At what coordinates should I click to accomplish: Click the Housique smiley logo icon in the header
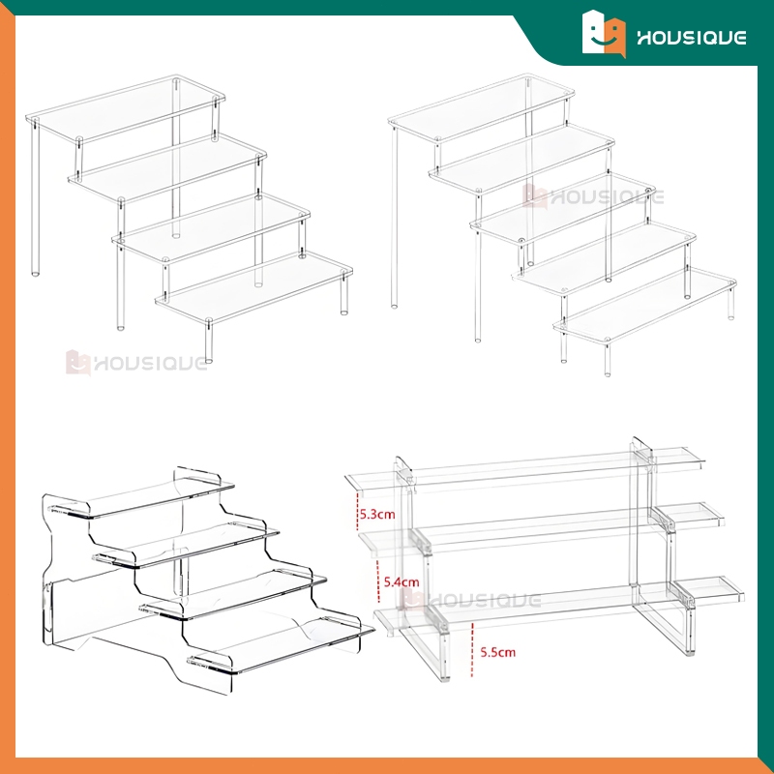pyautogui.click(x=604, y=34)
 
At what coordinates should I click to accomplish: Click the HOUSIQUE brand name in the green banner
pyautogui.click(x=691, y=38)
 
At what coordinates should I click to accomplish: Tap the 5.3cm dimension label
pyautogui.click(x=377, y=515)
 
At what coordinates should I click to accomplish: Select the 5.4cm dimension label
pyautogui.click(x=402, y=582)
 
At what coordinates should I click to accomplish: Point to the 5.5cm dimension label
pyautogui.click(x=497, y=652)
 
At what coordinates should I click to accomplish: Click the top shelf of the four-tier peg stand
pyautogui.click(x=126, y=109)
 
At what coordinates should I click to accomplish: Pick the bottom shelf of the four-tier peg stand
pyautogui.click(x=253, y=287)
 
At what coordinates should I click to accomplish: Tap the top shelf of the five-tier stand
pyautogui.click(x=481, y=108)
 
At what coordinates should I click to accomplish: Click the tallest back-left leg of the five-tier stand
pyautogui.click(x=394, y=217)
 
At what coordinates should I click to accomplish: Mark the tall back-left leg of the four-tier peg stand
pyautogui.click(x=35, y=197)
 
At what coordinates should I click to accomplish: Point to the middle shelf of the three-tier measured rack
pyautogui.click(x=542, y=529)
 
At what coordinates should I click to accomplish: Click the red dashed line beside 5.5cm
pyautogui.click(x=472, y=649)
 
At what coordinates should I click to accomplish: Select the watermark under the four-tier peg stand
pyautogui.click(x=136, y=363)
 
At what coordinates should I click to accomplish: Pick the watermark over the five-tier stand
pyautogui.click(x=593, y=197)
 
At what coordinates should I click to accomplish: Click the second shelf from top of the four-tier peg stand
pyautogui.click(x=167, y=168)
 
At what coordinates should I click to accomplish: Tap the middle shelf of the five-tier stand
pyautogui.click(x=563, y=208)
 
